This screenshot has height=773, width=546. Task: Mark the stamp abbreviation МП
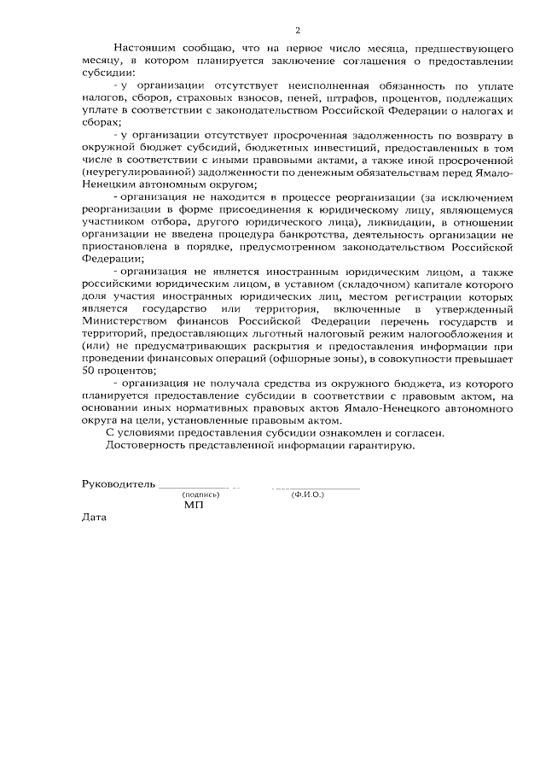coord(194,506)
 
